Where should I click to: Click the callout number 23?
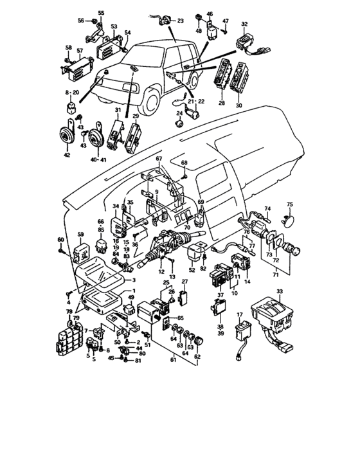coord(181,21)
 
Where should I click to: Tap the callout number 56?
coord(81,21)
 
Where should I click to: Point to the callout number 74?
coord(268,209)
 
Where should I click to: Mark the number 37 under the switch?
coord(221,296)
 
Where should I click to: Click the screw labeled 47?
coord(226,30)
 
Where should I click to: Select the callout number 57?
coord(80,50)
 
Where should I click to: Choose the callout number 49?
coord(130,297)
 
